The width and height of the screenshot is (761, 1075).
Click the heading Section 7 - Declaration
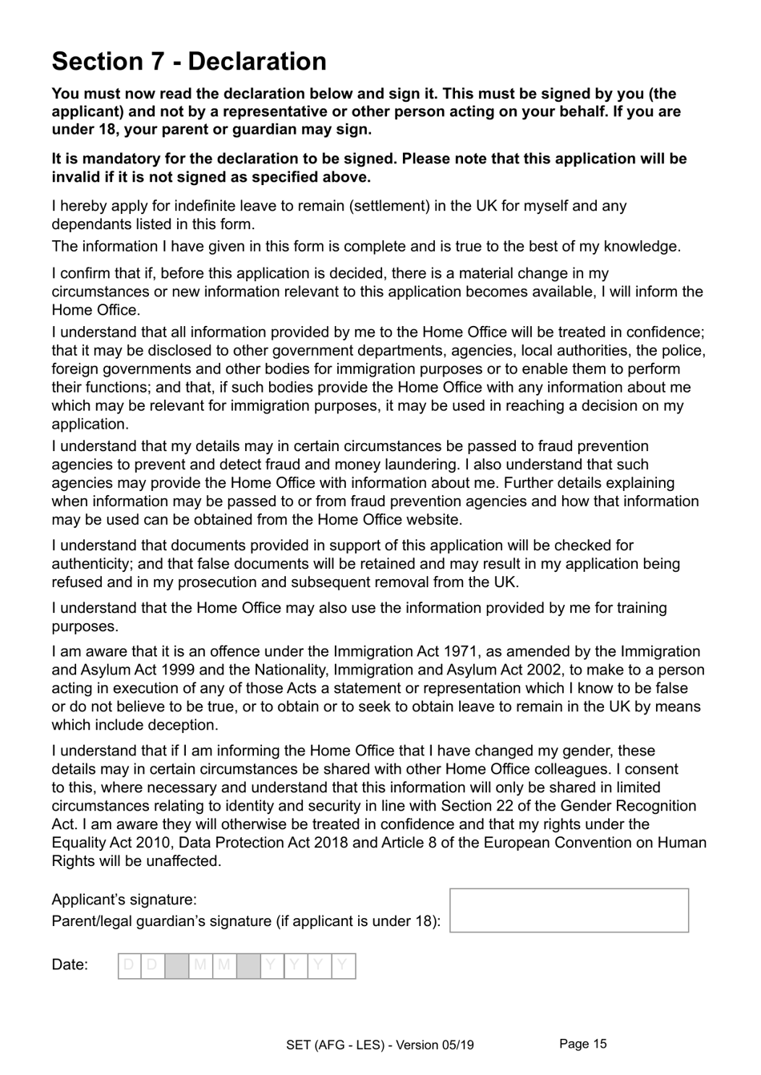click(189, 62)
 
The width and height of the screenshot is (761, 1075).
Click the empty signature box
click(569, 910)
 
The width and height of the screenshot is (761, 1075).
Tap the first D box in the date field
click(129, 965)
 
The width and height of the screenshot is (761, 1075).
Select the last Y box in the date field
click(343, 965)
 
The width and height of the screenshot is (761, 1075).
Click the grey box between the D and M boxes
click(176, 965)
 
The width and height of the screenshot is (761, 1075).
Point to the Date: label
click(70, 964)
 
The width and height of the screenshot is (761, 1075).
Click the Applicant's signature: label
click(124, 900)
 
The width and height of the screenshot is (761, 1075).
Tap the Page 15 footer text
click(583, 1043)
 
